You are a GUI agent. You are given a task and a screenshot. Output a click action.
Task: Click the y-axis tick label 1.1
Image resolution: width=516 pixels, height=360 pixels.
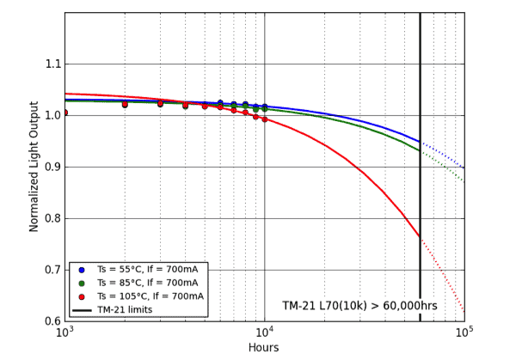tap(50, 64)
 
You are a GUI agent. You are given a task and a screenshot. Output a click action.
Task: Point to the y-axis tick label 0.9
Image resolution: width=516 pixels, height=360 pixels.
tap(50, 167)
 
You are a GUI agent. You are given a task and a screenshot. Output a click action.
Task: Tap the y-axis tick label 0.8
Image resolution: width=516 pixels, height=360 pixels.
tap(50, 218)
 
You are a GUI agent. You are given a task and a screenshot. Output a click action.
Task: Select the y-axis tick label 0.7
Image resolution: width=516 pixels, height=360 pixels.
tap(50, 270)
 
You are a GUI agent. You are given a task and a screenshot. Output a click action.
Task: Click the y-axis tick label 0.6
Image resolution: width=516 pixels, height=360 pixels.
tap(50, 320)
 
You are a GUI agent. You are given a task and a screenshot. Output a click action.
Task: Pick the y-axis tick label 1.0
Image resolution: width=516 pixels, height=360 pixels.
tap(50, 115)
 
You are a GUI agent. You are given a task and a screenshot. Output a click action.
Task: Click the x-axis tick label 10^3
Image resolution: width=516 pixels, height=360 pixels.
tap(65, 333)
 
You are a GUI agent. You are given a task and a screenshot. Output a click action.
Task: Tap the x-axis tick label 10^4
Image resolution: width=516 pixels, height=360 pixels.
tap(264, 333)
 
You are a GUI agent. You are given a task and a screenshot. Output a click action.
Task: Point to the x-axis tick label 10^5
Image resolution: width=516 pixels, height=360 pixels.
tap(464, 333)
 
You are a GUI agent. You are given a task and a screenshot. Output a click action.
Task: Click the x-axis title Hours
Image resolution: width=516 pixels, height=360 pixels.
tap(263, 347)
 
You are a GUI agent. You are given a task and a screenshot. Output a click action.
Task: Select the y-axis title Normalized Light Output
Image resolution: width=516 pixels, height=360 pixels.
tap(34, 167)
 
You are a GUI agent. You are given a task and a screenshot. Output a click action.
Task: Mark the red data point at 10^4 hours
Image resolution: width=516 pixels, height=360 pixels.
tap(265, 119)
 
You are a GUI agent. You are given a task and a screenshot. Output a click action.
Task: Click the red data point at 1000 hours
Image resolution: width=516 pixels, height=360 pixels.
tap(65, 113)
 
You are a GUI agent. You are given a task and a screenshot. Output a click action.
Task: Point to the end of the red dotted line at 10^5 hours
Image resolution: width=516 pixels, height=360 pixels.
tap(464, 310)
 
